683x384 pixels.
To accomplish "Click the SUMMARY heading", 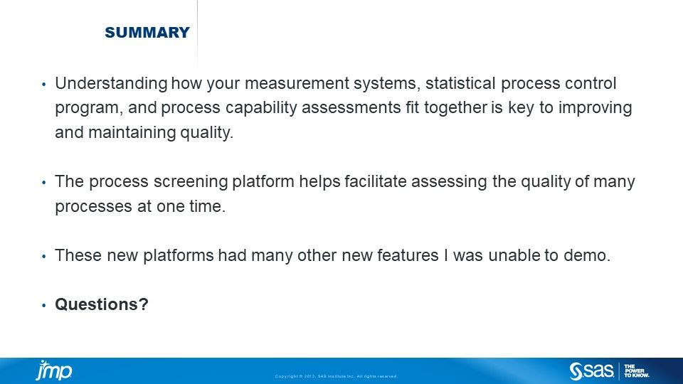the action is pyautogui.click(x=147, y=32).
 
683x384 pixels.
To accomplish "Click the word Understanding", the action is pyautogui.click(x=111, y=84).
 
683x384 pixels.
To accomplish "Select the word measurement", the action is pyautogui.click(x=297, y=83).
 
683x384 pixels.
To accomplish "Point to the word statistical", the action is pyautogui.click(x=460, y=82).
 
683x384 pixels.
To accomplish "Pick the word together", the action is pyautogui.click(x=455, y=107).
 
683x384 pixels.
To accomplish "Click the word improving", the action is pyautogui.click(x=595, y=108).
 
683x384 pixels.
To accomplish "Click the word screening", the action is pyautogui.click(x=191, y=181).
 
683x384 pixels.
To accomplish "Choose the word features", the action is pyautogui.click(x=408, y=255).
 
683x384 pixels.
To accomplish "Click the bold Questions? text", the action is pyautogui.click(x=102, y=304).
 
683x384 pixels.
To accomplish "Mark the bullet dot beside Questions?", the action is pyautogui.click(x=43, y=306).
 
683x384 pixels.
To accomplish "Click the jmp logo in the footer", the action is pyautogui.click(x=53, y=370).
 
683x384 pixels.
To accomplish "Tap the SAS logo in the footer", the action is pyautogui.click(x=591, y=371).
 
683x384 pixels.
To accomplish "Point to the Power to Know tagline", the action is pyautogui.click(x=636, y=371).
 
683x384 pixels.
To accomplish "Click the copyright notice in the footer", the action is pyautogui.click(x=336, y=376).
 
